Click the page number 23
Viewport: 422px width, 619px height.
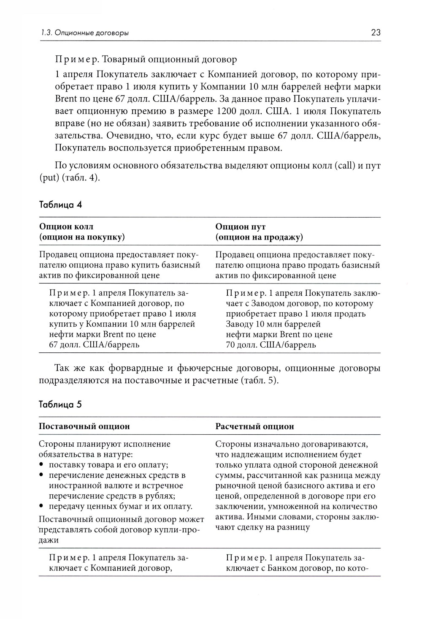376,33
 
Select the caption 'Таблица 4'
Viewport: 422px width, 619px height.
60,205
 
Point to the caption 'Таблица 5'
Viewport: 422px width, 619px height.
60,404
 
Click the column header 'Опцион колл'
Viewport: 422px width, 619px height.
66,227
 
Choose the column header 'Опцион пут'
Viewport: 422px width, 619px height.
241,227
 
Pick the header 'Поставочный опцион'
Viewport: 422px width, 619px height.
84,426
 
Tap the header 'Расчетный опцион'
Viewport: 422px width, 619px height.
254,426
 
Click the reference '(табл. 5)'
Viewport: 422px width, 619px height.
259,380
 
